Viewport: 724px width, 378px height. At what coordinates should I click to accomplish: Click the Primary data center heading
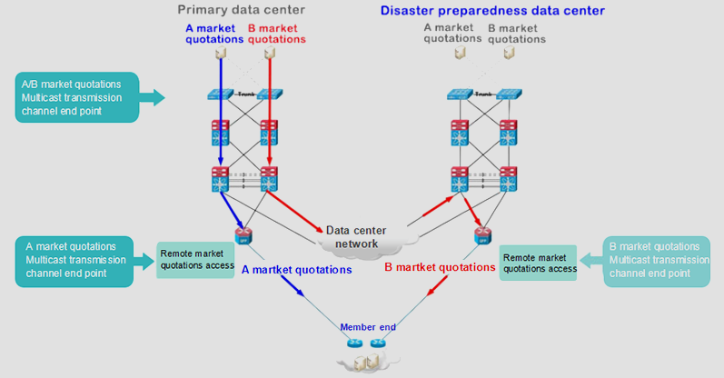coord(241,10)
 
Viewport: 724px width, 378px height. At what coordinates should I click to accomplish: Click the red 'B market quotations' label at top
coord(276,34)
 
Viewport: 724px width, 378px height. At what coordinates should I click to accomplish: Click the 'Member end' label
coord(367,327)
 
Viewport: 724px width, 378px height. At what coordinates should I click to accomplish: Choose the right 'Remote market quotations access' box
coord(540,262)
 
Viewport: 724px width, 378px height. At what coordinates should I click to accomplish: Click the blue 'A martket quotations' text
coord(296,270)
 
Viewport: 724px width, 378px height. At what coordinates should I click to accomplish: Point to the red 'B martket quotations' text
coord(439,268)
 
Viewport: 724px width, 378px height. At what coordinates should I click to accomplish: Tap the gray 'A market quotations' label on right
coord(449,34)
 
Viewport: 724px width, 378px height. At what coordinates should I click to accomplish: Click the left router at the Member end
coord(353,343)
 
